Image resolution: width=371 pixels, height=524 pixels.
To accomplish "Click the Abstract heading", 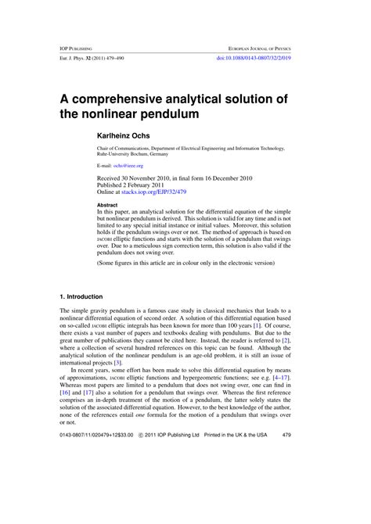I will tap(108, 205).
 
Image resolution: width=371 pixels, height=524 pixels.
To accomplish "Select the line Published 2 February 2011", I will tap(133, 185).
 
